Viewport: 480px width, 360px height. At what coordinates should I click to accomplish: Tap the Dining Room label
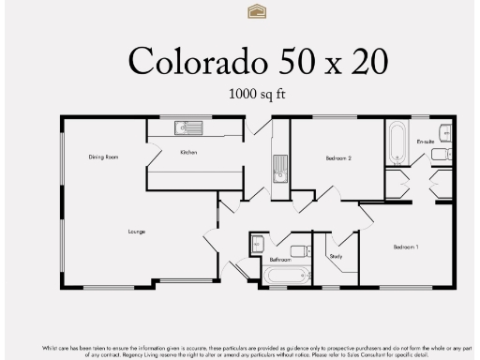(x=103, y=157)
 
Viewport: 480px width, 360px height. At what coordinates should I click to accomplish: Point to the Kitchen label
(x=188, y=152)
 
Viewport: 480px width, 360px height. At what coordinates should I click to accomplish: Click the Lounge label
(x=138, y=230)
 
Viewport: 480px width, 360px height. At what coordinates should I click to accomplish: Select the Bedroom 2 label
(x=338, y=158)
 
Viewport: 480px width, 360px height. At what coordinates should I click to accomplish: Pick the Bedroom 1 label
(x=405, y=247)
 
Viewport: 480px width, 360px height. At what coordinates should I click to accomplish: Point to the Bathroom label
(x=279, y=259)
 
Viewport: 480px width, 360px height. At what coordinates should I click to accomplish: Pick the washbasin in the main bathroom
(x=301, y=251)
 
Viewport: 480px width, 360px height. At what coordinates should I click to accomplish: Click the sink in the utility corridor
(x=277, y=170)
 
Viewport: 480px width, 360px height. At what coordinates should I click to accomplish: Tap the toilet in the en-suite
(x=445, y=153)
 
